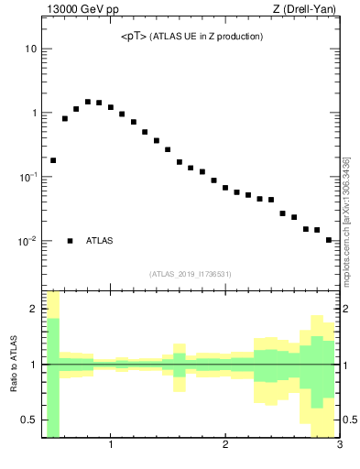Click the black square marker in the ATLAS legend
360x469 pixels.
coord(70,241)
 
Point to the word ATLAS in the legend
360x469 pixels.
coord(100,241)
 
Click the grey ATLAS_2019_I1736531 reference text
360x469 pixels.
coord(191,274)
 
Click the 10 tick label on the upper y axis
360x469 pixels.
coord(30,49)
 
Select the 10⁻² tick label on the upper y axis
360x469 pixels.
coord(28,241)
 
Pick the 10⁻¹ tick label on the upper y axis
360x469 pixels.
coord(28,177)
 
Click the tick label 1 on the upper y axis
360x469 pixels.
coord(33,113)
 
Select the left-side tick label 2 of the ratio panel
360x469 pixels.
coord(33,310)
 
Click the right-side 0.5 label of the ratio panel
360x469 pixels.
coord(349,420)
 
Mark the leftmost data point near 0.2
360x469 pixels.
coord(53,160)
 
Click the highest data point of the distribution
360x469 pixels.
coord(88,102)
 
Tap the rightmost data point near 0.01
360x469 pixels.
coord(328,240)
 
